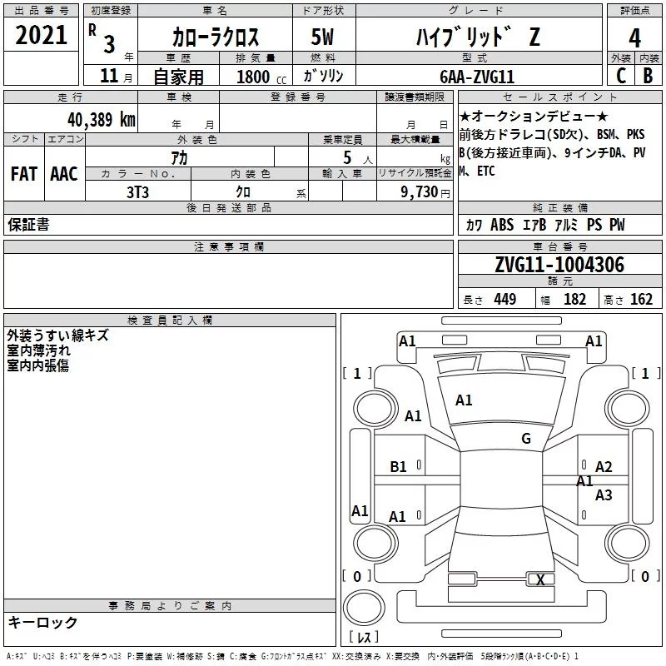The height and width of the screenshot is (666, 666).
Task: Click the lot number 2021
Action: point(42,36)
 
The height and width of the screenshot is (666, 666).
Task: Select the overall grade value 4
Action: point(635,37)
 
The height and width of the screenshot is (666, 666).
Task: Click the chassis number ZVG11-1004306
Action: point(559,265)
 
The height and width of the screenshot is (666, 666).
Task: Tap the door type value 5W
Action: point(325,37)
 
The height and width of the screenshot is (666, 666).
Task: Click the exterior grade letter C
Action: point(620,77)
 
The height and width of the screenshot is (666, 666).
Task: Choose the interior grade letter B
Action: point(649,77)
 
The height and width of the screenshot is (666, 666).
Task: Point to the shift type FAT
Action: point(24,173)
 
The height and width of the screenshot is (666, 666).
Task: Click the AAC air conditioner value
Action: point(63,173)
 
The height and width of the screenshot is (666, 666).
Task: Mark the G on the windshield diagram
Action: point(526,438)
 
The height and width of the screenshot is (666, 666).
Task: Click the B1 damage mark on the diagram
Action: point(399,467)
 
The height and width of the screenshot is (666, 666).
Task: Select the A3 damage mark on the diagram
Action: point(604,495)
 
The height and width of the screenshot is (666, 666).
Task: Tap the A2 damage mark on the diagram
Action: point(604,467)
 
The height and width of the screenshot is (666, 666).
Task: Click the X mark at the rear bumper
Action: point(541,579)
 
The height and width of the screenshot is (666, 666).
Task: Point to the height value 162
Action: point(641,300)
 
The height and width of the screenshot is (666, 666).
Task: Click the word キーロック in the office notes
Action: point(43,622)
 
